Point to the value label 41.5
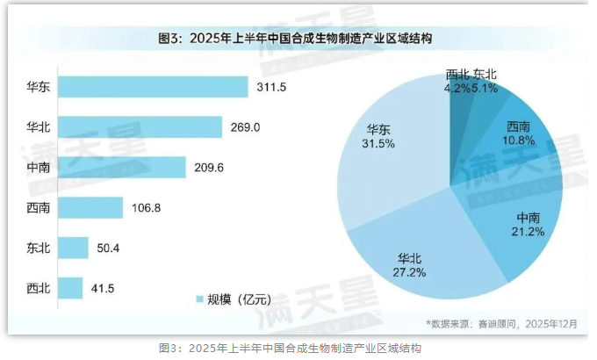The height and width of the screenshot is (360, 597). pos(104,288)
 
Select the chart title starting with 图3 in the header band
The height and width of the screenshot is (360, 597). pos(299,39)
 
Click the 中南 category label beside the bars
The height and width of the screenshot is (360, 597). pos(40,167)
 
